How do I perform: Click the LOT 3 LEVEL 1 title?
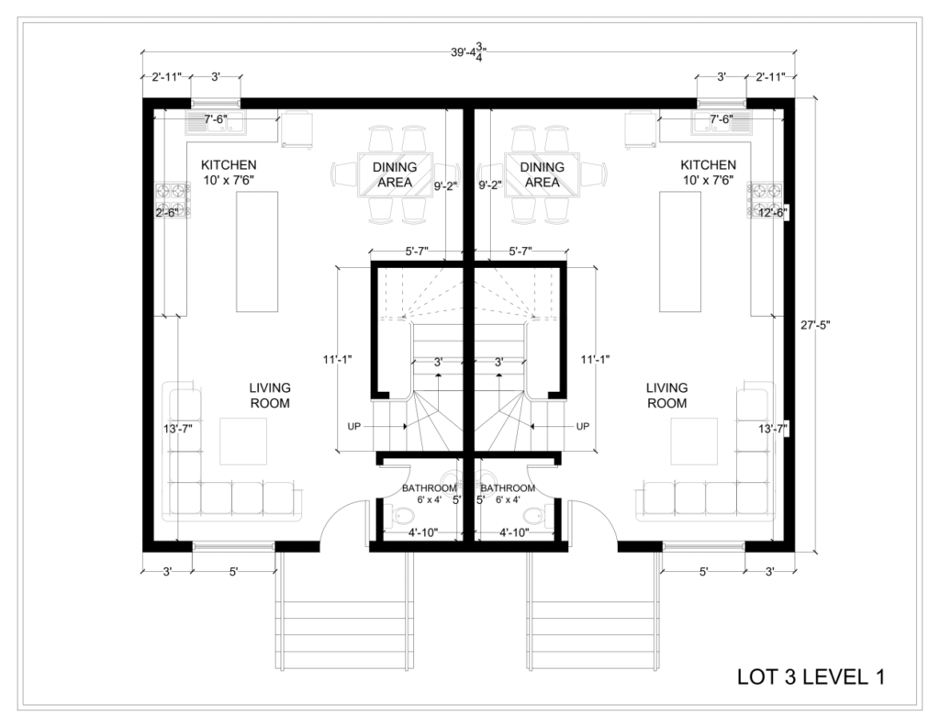(x=811, y=677)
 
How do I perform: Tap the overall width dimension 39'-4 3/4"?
(x=469, y=52)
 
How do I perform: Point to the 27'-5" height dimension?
(x=815, y=326)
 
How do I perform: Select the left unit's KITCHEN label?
(x=229, y=165)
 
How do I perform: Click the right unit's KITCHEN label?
(x=708, y=165)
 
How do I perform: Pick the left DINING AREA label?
(x=395, y=174)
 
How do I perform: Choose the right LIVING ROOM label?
(x=666, y=396)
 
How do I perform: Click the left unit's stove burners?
(x=173, y=200)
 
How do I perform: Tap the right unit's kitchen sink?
(x=722, y=122)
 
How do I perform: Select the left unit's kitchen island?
(x=257, y=252)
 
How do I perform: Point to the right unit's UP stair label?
(x=582, y=426)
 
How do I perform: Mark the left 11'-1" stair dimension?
(x=337, y=360)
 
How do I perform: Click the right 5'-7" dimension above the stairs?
(x=520, y=252)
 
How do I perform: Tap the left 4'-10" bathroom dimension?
(x=423, y=532)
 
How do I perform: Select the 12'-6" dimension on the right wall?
(x=773, y=212)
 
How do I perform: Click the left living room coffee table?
(x=242, y=442)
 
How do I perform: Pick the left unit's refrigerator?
(x=297, y=129)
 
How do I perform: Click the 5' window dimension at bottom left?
(x=234, y=572)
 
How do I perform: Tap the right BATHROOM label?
(x=508, y=488)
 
